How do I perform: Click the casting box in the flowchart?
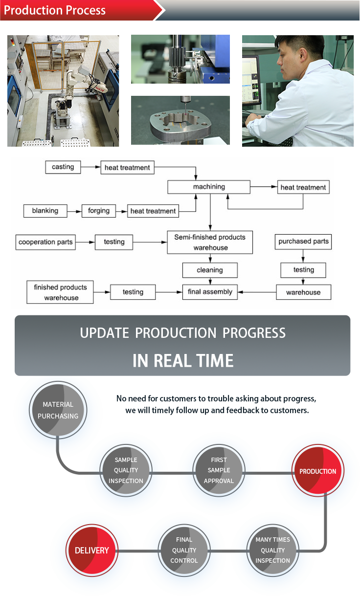(x=63, y=167)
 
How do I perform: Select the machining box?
(x=209, y=187)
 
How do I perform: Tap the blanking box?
(x=45, y=211)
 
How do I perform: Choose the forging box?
(x=99, y=211)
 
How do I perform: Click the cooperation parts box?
(x=45, y=242)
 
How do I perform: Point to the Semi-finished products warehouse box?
(x=210, y=242)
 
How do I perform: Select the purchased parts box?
(x=303, y=242)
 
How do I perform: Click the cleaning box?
(x=210, y=270)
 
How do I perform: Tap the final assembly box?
(x=210, y=292)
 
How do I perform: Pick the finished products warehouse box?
(x=60, y=292)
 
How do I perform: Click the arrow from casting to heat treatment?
(x=90, y=167)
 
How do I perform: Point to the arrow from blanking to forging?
(x=74, y=212)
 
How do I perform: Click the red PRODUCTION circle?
(x=317, y=470)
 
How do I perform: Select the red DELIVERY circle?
(x=92, y=550)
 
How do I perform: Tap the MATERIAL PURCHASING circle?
(x=58, y=410)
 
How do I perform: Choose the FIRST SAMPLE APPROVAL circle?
(x=219, y=470)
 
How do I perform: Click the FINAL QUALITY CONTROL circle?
(x=184, y=550)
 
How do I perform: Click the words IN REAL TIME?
(x=183, y=361)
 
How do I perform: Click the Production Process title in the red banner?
(x=55, y=10)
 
